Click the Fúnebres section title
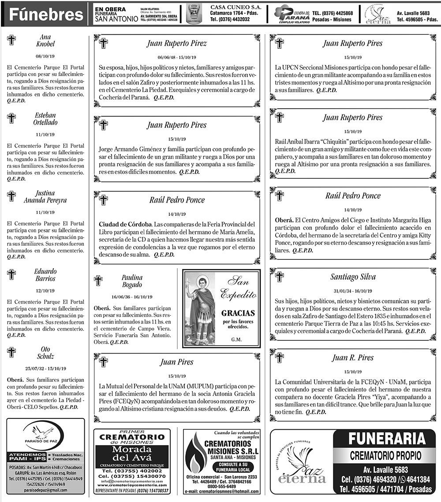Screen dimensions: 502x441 pyautogui.click(x=46, y=15)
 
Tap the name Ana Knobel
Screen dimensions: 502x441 pyautogui.click(x=45, y=41)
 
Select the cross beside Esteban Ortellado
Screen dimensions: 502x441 pyautogui.click(x=11, y=118)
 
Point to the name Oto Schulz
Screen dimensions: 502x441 pyautogui.click(x=45, y=353)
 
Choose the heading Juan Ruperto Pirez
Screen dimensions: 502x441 pyautogui.click(x=176, y=44)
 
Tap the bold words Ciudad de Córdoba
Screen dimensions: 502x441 pyautogui.click(x=125, y=223)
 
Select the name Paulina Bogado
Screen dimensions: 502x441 pyautogui.click(x=132, y=281)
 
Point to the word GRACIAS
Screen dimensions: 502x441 pyautogui.click(x=238, y=313)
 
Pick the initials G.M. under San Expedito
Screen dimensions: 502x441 pyautogui.click(x=236, y=340)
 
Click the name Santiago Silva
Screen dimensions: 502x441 pyautogui.click(x=353, y=277)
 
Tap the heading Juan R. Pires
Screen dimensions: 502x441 pyautogui.click(x=353, y=358)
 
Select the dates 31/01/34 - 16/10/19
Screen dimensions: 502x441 pyautogui.click(x=353, y=291)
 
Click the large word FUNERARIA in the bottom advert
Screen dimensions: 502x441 pyautogui.click(x=386, y=439)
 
